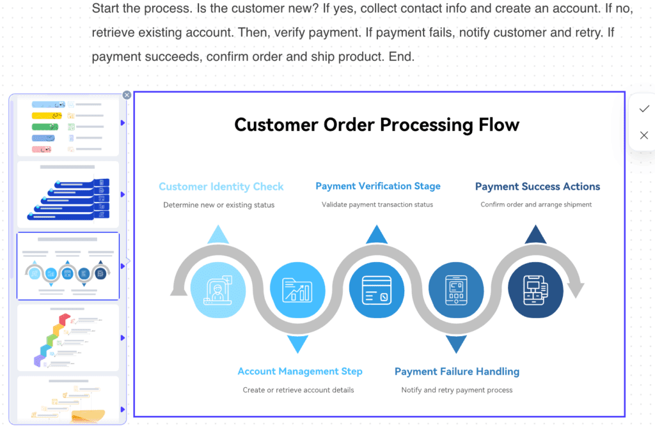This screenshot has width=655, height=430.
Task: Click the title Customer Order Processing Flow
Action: pos(377,125)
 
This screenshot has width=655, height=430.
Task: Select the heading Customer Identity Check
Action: pos(221,187)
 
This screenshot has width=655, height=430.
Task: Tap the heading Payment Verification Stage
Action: pos(377,187)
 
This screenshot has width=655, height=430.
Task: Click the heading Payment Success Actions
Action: pos(537,187)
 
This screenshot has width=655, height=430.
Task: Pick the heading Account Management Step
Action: pos(299,371)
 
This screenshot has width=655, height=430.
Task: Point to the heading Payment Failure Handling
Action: pos(457,371)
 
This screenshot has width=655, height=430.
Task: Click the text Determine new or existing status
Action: pos(219,205)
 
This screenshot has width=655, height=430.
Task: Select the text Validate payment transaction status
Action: pos(377,204)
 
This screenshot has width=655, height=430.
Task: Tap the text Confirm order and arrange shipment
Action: pos(536,204)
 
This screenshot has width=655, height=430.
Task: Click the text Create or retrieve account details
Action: pos(298,390)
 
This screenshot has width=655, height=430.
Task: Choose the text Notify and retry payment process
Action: pos(457,390)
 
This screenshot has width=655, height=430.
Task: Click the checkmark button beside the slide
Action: pos(643,109)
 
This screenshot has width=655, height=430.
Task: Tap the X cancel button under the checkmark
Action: pos(643,135)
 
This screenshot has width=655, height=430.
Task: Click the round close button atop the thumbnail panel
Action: pos(127,95)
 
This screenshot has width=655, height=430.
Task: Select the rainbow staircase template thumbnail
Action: pos(68,337)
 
